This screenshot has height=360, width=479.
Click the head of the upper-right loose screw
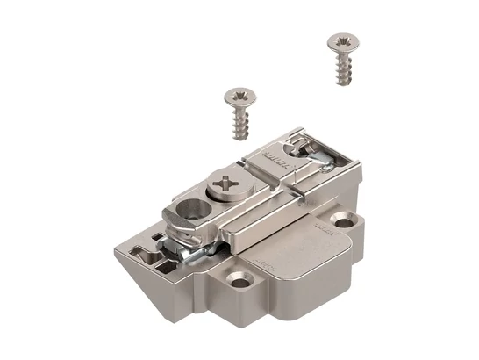342,43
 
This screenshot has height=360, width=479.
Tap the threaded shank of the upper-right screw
342,69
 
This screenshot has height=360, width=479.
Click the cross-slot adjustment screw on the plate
227,184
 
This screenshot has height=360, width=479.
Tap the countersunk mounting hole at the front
239,280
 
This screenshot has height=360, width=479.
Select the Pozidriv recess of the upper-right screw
342,41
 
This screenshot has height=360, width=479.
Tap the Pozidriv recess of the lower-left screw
238,93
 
